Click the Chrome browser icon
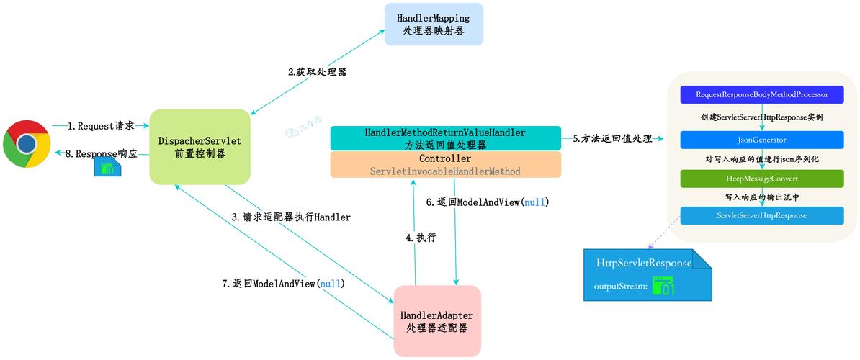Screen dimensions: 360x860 click(27, 144)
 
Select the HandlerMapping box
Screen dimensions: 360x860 click(434, 24)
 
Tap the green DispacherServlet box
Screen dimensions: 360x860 click(200, 146)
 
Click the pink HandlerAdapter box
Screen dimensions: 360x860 click(437, 321)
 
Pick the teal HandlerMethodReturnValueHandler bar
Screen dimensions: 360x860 click(445, 138)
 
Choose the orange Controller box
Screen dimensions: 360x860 click(445, 165)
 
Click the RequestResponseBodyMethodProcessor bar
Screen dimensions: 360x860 click(761, 95)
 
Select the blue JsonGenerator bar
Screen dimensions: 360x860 click(761, 140)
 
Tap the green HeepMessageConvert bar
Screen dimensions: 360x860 click(761, 179)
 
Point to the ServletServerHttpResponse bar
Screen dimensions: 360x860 click(761, 215)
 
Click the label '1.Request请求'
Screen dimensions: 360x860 click(101, 126)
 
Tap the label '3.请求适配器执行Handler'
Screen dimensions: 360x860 click(291, 217)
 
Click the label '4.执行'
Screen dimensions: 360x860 click(421, 237)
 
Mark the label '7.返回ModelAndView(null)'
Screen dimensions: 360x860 click(283, 284)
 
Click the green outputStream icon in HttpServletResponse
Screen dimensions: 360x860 click(663, 287)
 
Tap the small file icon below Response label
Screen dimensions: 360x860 click(107, 168)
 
